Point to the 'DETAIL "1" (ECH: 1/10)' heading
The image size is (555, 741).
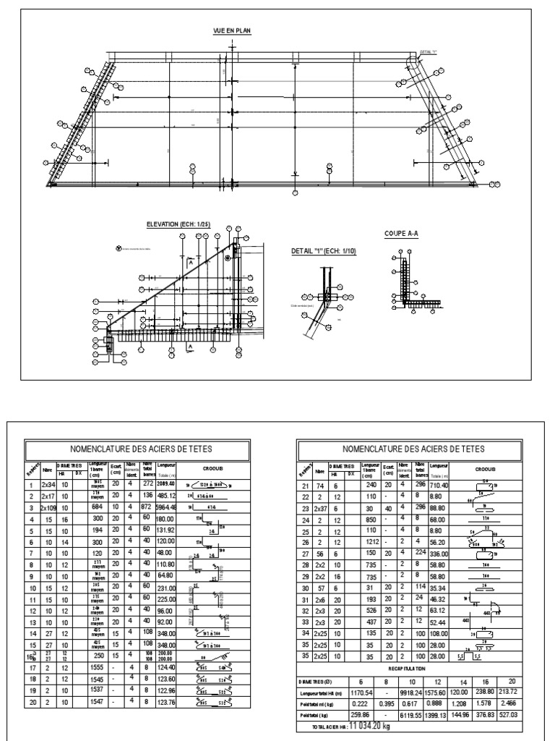point(323,250)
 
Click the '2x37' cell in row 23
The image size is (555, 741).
point(319,507)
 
